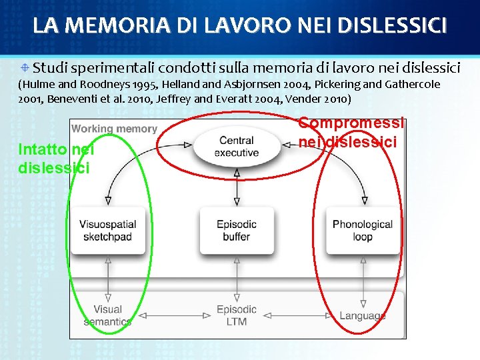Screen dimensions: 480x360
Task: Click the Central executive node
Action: [x=236, y=147]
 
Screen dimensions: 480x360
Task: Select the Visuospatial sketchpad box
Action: [x=107, y=231]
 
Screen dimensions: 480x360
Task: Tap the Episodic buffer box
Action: [x=236, y=231]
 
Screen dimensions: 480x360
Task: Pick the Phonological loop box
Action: [x=363, y=231]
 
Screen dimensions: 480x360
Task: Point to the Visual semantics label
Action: [x=107, y=315]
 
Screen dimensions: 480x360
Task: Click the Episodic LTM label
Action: [x=236, y=315]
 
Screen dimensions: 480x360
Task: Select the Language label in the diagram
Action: [x=363, y=316]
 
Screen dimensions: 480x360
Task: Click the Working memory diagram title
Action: [x=114, y=129]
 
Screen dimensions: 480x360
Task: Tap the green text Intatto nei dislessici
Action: [x=57, y=159]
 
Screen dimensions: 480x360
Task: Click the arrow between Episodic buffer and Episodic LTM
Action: [x=236, y=278]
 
